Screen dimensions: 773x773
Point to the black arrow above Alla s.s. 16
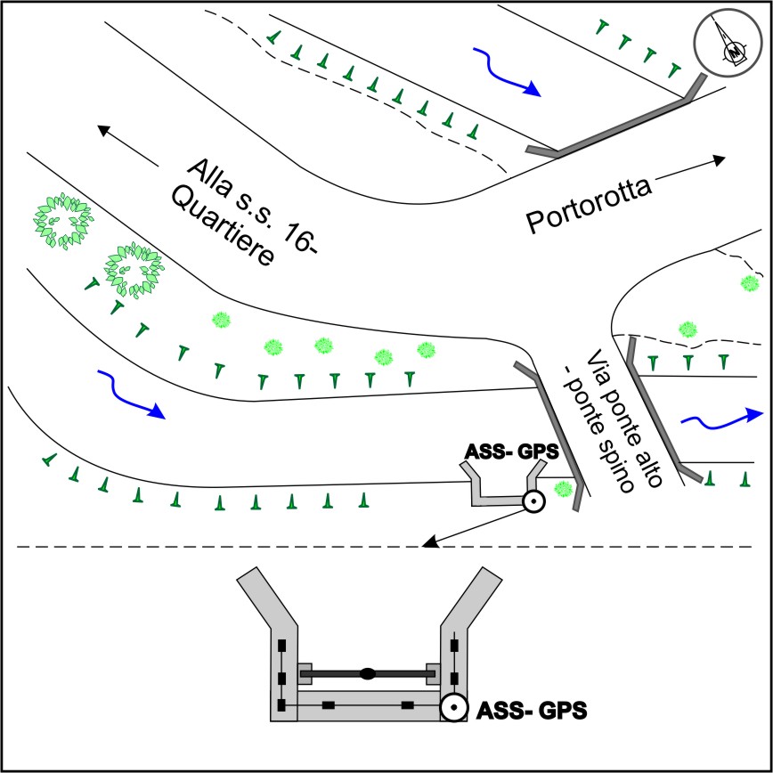tap(128, 147)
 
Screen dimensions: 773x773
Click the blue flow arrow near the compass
tap(510, 72)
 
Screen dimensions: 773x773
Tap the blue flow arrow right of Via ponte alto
tap(721, 419)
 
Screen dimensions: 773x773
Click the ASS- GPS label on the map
tap(512, 452)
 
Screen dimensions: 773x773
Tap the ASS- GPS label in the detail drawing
tap(533, 711)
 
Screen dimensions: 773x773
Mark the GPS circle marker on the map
tap(532, 502)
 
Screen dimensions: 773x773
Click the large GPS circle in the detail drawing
tap(453, 709)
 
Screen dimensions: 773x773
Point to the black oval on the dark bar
tap(367, 673)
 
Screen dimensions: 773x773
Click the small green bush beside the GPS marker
tap(563, 489)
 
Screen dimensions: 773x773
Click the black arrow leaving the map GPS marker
tap(472, 525)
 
